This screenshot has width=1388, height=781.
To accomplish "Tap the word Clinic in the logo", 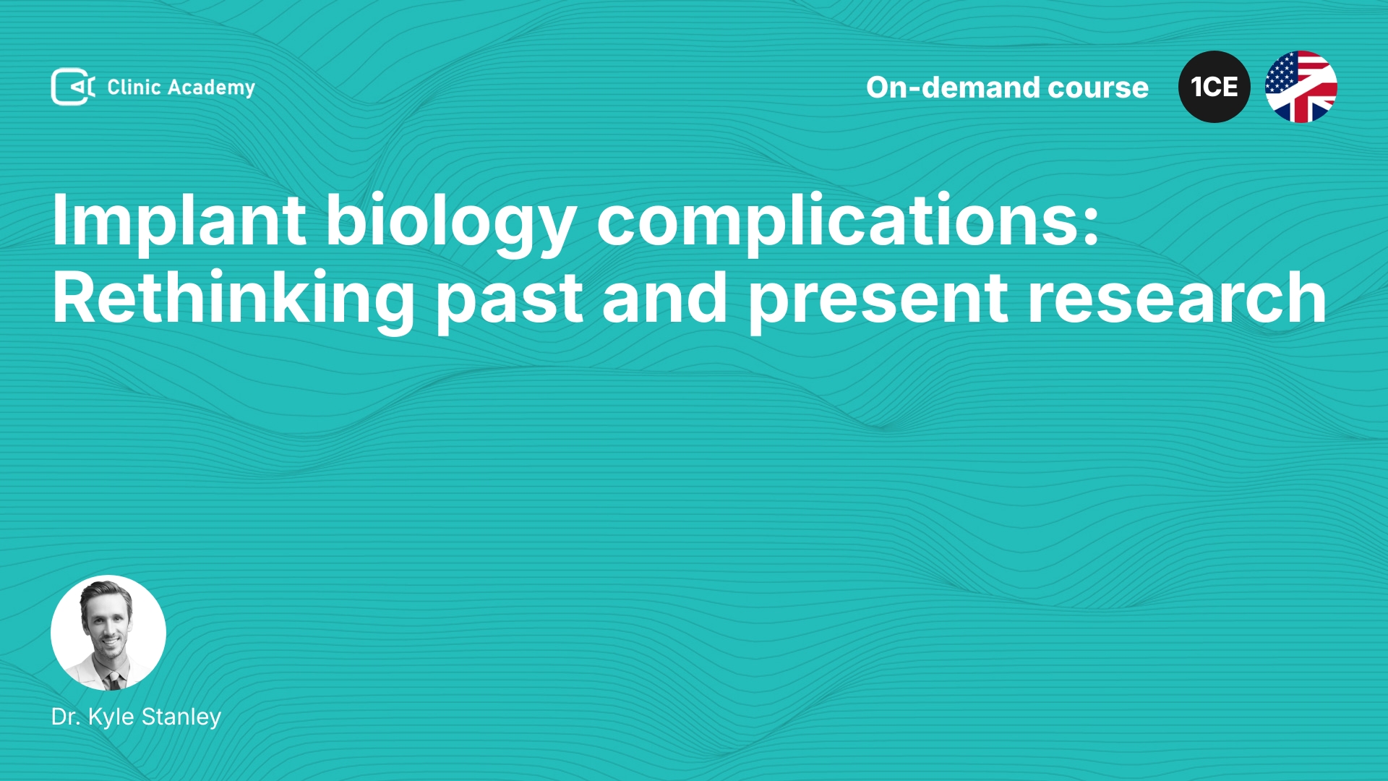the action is (x=134, y=87).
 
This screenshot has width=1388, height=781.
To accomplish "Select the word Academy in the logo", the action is (x=211, y=88).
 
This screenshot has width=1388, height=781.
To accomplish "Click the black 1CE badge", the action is (x=1214, y=87).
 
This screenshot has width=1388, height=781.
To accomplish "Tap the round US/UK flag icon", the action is (x=1301, y=87).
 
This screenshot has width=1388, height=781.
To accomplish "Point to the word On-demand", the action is (x=953, y=88).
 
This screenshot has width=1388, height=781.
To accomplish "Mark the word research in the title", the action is (x=1177, y=298).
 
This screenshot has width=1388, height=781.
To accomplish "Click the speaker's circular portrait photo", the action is (x=108, y=633).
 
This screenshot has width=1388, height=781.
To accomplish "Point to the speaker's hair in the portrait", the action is (x=106, y=592).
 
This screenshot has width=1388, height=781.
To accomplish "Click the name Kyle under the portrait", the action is (x=111, y=717).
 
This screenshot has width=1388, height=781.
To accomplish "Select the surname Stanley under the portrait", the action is (x=181, y=717).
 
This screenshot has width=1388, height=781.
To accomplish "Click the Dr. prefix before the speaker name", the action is (x=67, y=717).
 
